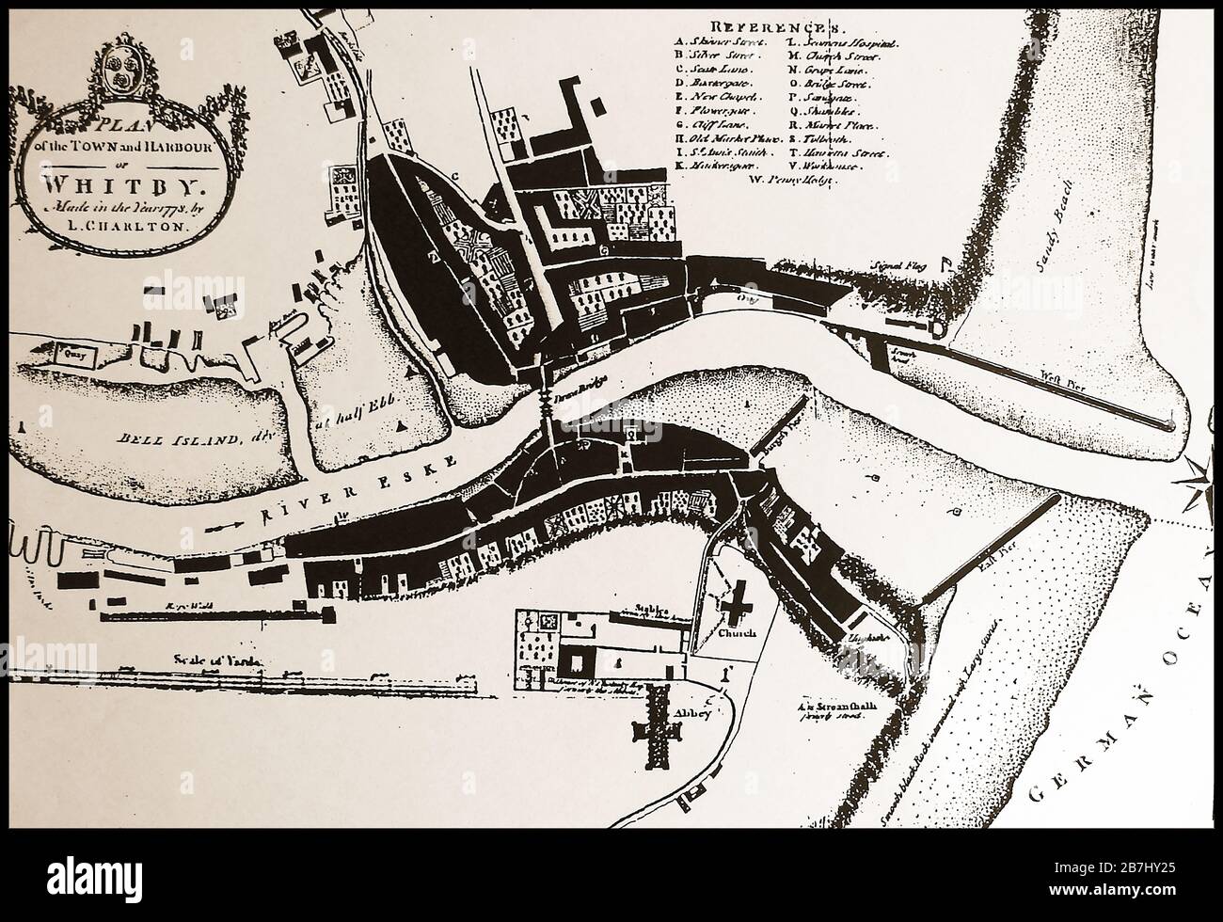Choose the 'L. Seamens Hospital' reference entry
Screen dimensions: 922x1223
[842, 42]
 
